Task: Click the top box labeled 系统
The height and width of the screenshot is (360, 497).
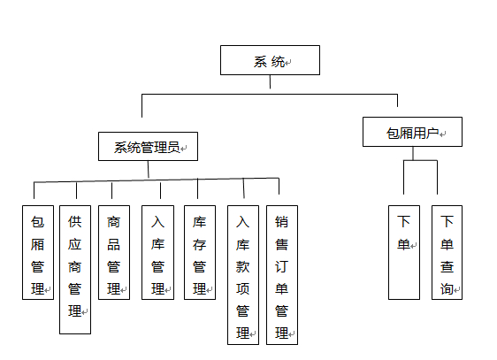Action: (270, 60)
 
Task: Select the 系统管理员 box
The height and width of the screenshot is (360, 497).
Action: (148, 147)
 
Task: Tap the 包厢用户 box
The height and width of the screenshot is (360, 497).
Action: (412, 132)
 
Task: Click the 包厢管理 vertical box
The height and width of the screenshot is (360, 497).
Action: (38, 252)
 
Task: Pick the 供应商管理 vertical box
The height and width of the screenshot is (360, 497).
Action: (75, 270)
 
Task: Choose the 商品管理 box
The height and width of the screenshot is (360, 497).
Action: (114, 252)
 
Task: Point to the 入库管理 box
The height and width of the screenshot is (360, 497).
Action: (157, 252)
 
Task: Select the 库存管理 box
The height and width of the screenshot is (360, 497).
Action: (200, 252)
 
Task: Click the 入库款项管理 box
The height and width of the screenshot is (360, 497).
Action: (243, 275)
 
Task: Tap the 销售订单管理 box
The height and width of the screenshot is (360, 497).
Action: (282, 275)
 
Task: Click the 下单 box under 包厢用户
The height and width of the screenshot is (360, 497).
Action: (404, 252)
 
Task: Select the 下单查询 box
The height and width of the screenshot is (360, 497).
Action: (447, 252)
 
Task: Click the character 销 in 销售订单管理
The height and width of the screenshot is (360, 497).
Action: (281, 222)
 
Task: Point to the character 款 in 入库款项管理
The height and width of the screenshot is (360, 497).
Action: (242, 266)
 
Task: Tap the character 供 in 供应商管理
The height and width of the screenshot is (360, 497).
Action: (75, 221)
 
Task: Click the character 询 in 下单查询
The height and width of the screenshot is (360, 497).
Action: (447, 288)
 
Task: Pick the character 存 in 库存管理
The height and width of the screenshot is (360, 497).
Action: (199, 244)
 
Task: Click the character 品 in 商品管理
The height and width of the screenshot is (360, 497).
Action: (114, 244)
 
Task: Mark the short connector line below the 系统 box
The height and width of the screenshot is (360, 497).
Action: (270, 81)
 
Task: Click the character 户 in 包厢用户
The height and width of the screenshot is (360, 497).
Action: (432, 134)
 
